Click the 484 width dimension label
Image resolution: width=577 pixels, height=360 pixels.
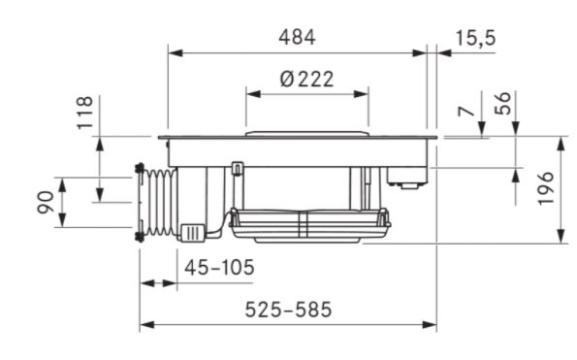(297, 38)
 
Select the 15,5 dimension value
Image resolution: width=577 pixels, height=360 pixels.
(476, 38)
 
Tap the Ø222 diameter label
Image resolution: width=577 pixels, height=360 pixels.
(306, 80)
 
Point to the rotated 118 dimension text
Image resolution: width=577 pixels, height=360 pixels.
(85, 113)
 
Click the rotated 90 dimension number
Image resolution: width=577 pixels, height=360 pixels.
(46, 202)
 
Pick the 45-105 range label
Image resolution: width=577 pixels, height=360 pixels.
(219, 268)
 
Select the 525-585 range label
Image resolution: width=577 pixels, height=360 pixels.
(288, 310)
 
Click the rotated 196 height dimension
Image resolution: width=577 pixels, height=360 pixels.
(545, 187)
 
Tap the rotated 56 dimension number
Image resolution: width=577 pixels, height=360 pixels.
(503, 104)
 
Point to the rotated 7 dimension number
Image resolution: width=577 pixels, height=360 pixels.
(466, 111)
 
